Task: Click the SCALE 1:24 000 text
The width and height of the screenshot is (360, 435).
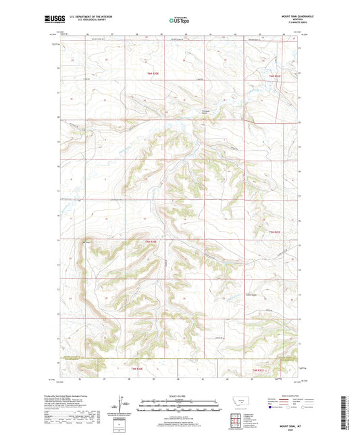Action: [180, 395]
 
